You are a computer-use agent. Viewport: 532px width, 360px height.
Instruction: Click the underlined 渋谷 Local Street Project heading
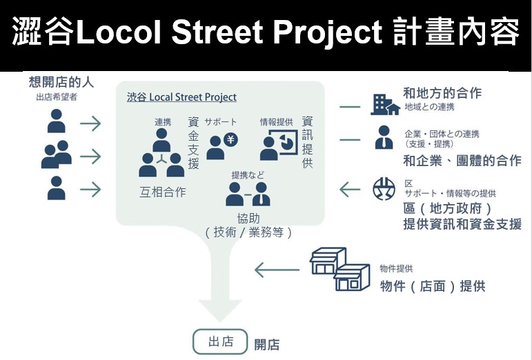click(x=181, y=97)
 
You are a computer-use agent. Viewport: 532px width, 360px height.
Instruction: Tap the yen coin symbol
click(x=231, y=139)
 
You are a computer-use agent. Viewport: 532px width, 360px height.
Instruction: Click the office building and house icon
click(x=385, y=105)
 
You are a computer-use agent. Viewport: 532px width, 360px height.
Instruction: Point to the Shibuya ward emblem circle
click(x=384, y=189)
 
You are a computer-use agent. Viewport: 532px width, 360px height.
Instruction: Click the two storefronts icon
click(x=340, y=269)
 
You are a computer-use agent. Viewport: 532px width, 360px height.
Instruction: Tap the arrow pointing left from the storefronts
click(x=277, y=270)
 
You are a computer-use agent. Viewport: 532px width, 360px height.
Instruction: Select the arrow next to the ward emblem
click(x=350, y=189)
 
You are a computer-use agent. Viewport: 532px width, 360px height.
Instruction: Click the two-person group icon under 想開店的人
click(x=57, y=154)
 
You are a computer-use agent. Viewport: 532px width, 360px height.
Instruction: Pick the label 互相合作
click(x=163, y=192)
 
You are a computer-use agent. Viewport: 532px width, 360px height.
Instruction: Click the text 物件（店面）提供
click(x=433, y=286)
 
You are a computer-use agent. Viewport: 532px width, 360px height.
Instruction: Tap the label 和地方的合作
click(x=442, y=93)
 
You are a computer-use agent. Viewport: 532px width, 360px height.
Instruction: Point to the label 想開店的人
click(x=61, y=82)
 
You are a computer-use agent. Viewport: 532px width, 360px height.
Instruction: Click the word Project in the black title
click(x=328, y=32)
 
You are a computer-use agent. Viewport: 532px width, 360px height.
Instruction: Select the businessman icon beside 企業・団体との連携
click(x=384, y=137)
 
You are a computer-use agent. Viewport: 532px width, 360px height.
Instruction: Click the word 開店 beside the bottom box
click(x=267, y=345)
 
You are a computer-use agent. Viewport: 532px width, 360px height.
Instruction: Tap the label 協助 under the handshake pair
click(x=248, y=219)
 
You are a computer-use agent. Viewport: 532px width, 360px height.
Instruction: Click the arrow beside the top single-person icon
click(x=90, y=123)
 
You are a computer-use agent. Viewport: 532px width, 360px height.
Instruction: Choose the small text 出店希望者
click(x=57, y=97)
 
